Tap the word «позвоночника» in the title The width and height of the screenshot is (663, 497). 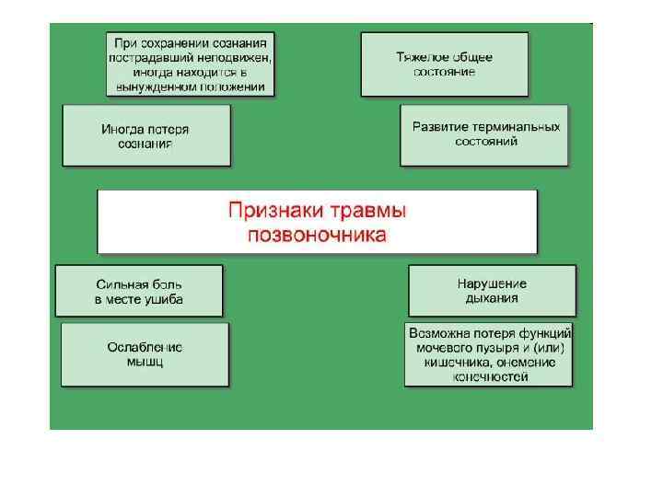317,234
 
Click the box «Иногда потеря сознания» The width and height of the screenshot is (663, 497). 146,135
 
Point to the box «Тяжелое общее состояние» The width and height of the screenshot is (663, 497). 444,64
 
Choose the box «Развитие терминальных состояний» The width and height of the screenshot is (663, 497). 485,134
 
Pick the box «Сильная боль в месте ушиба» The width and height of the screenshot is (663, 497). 139,291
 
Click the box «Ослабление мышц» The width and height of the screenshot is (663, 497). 145,354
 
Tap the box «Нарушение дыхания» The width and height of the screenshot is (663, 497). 492,291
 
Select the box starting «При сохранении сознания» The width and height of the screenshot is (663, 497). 191,64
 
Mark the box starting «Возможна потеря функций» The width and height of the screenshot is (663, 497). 489,353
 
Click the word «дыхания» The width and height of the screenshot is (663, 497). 492,298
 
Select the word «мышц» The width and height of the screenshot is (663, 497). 145,362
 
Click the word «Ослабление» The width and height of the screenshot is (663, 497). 145,347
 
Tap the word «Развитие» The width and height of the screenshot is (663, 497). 439,127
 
